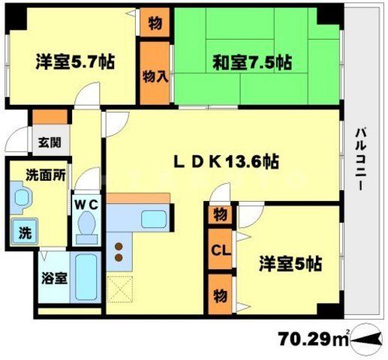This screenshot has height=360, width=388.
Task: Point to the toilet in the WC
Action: (x=87, y=226)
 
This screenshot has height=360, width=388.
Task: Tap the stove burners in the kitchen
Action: (x=117, y=252)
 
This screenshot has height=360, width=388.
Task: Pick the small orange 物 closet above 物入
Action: (x=154, y=22)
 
